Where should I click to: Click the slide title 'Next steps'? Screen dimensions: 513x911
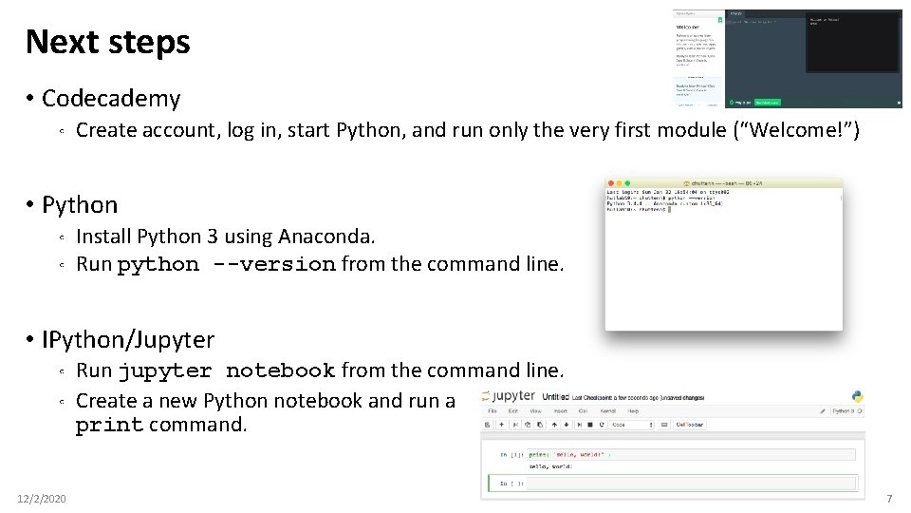pyautogui.click(x=107, y=42)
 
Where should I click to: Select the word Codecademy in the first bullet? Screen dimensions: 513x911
pyautogui.click(x=111, y=98)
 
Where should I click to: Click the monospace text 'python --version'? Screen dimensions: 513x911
pyautogui.click(x=226, y=264)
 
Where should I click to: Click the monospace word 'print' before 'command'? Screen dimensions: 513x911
pyautogui.click(x=109, y=425)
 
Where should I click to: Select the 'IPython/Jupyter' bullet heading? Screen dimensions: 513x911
pyautogui.click(x=128, y=339)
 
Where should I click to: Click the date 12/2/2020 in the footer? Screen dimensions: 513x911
pyautogui.click(x=42, y=499)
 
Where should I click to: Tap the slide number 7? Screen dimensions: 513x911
pyautogui.click(x=889, y=499)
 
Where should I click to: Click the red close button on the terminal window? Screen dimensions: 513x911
pyautogui.click(x=610, y=183)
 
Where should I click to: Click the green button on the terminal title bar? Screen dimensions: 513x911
pyautogui.click(x=626, y=183)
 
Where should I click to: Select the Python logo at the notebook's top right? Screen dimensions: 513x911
pyautogui.click(x=858, y=397)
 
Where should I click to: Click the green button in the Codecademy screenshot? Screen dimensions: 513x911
pyautogui.click(x=767, y=102)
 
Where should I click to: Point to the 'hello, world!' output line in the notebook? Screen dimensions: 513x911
pyautogui.click(x=556, y=467)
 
